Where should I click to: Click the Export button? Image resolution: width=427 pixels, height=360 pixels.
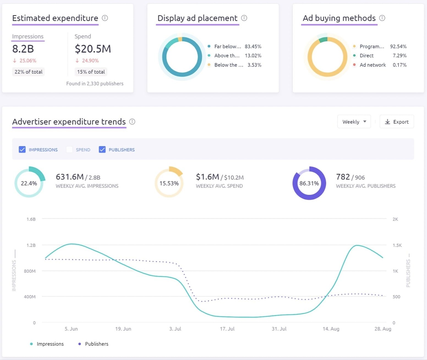396,122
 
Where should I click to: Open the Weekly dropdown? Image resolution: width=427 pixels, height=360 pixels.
354,122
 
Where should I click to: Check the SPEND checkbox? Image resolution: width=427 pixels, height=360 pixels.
69,149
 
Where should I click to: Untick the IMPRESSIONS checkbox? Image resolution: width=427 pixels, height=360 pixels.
22,149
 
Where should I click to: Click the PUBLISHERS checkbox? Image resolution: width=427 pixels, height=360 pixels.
102,149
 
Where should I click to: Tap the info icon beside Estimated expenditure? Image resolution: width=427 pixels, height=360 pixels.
105,18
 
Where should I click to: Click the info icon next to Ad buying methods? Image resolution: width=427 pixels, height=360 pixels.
382,18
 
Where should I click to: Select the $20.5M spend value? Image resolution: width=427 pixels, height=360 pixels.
93,49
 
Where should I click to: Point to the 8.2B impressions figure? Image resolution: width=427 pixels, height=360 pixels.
23,49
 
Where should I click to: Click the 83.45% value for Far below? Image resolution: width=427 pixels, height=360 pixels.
253,46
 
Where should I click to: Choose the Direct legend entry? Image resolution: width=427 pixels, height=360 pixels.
366,56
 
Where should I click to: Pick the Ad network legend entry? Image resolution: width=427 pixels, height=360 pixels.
373,65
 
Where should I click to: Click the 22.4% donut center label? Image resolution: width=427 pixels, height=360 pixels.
29,183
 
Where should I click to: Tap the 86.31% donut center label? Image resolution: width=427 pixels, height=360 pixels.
309,183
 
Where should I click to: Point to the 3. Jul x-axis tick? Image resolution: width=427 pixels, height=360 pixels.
175,329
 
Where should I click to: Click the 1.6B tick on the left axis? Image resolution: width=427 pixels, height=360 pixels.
31,219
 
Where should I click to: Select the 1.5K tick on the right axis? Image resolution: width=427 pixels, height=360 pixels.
397,245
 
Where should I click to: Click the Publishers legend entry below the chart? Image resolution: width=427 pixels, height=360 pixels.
96,344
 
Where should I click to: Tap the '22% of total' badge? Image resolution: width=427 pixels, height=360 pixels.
28,72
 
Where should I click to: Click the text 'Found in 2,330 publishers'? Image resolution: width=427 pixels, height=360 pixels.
95,84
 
